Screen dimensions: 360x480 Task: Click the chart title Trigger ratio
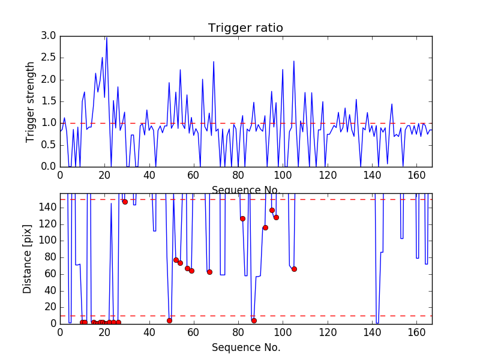click(245, 28)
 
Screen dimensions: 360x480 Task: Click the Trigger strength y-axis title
click(31, 101)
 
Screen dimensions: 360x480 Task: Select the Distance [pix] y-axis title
click(28, 259)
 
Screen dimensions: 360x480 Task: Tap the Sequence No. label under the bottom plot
click(245, 347)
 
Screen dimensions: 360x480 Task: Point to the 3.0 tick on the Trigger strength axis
click(49, 36)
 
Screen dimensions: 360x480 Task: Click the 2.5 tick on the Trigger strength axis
click(49, 58)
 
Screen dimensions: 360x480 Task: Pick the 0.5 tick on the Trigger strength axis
click(49, 145)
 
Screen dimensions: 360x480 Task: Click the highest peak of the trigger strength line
click(107, 37)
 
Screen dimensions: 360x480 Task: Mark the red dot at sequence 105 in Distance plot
click(294, 269)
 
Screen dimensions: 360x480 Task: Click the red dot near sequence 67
click(209, 272)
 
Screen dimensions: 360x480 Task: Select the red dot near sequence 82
click(242, 218)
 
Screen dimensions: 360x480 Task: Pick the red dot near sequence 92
click(265, 227)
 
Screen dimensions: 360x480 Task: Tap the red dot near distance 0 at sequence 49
click(169, 320)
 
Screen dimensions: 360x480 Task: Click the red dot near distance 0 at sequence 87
click(254, 320)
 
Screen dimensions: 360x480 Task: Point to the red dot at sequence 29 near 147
click(125, 202)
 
